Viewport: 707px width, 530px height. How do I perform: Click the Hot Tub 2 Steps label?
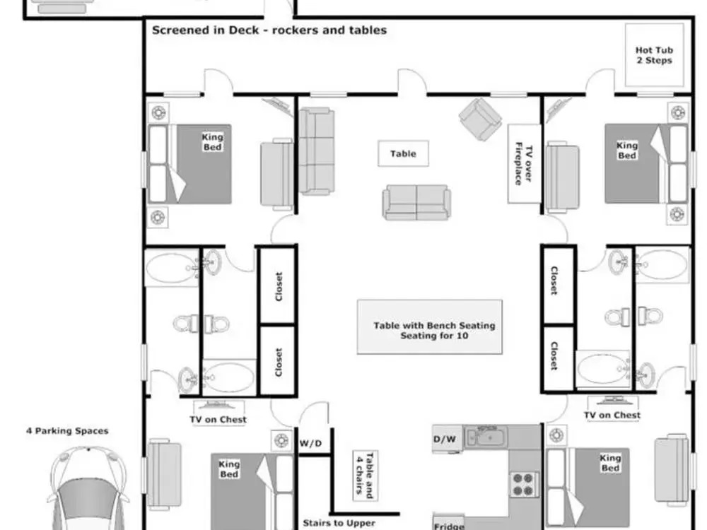click(654, 55)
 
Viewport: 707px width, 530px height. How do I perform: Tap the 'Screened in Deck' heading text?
click(206, 30)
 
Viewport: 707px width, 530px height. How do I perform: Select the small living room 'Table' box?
click(403, 153)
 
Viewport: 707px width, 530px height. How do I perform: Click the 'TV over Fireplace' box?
click(524, 164)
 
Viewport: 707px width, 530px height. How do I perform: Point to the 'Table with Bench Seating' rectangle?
click(430, 326)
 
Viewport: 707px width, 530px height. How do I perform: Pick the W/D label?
click(310, 444)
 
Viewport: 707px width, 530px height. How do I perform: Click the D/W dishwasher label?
click(445, 439)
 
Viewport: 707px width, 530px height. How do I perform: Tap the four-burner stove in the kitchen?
click(524, 484)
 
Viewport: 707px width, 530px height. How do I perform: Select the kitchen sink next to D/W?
click(486, 436)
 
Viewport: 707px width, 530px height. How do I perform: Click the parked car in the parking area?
click(88, 488)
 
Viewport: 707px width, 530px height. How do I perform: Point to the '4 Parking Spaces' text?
click(67, 431)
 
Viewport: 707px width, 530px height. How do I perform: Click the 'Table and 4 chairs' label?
click(365, 476)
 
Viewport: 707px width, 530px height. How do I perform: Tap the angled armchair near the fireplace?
click(480, 119)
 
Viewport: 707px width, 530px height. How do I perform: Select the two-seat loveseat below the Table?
click(416, 202)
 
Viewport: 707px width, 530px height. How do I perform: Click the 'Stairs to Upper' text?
click(339, 523)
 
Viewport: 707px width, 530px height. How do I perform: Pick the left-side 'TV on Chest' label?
click(218, 420)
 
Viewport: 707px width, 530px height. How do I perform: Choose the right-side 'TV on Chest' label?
click(612, 415)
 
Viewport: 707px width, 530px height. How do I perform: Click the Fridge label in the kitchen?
click(449, 526)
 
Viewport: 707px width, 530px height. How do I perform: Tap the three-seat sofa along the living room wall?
click(317, 151)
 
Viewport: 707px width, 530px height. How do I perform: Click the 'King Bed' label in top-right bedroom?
click(626, 150)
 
